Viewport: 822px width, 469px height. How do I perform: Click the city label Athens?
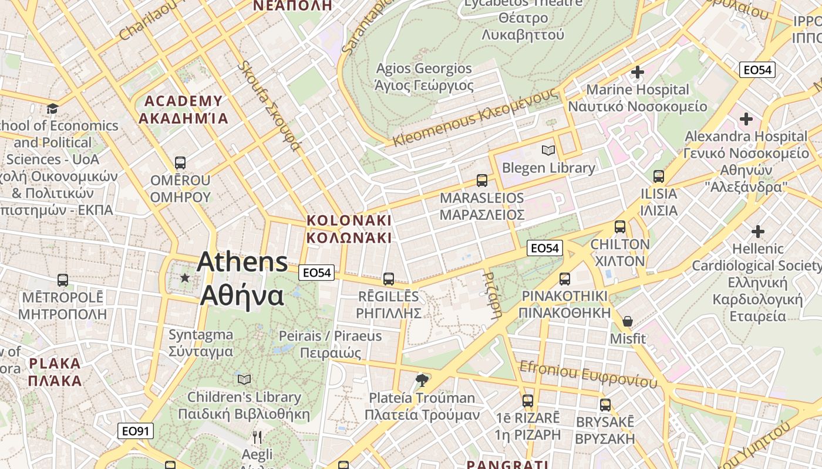pyautogui.click(x=242, y=262)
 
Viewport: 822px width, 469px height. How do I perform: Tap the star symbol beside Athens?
pyautogui.click(x=185, y=277)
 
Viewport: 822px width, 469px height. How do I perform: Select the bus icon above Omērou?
pyautogui.click(x=180, y=162)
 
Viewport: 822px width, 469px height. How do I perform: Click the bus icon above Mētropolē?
pyautogui.click(x=63, y=280)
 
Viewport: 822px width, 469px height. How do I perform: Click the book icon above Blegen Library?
pyautogui.click(x=548, y=151)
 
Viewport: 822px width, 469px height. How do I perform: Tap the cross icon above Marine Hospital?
pyautogui.click(x=637, y=73)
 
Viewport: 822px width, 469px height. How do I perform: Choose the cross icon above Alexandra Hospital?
pyautogui.click(x=746, y=119)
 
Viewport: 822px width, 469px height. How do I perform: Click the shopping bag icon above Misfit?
pyautogui.click(x=628, y=321)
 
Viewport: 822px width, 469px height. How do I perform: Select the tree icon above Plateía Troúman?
pyautogui.click(x=422, y=380)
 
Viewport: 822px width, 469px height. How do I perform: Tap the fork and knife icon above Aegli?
pyautogui.click(x=257, y=437)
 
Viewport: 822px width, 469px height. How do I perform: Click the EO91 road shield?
pyautogui.click(x=136, y=431)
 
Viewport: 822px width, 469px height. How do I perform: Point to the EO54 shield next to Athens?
pyautogui.click(x=316, y=273)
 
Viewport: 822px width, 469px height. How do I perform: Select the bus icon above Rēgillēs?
pyautogui.click(x=388, y=278)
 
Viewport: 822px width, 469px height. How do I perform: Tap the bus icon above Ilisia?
pyautogui.click(x=659, y=176)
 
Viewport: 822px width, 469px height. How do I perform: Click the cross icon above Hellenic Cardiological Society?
pyautogui.click(x=758, y=232)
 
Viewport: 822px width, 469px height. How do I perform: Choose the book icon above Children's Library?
pyautogui.click(x=244, y=379)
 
